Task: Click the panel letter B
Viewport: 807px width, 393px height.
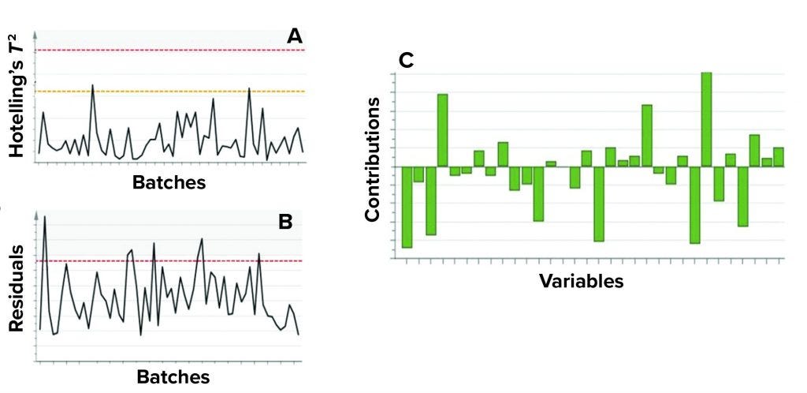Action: tap(285, 222)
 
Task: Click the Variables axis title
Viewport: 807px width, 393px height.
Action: tap(582, 281)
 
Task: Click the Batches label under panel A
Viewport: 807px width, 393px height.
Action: tap(169, 182)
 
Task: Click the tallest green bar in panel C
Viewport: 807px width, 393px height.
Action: tap(706, 119)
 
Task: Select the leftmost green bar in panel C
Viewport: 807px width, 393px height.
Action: tap(407, 207)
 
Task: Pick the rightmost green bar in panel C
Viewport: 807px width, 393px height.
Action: tap(779, 156)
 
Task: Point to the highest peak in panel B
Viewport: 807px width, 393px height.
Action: tap(45, 217)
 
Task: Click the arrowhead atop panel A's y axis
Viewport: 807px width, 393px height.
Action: tap(36, 36)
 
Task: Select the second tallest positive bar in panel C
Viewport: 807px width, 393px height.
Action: tap(443, 130)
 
